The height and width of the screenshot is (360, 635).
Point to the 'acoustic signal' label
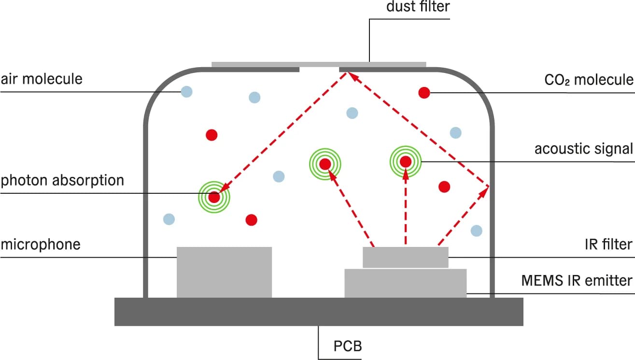pos(583,148)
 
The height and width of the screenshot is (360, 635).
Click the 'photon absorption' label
pos(62,180)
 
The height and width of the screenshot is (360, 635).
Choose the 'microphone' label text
pos(40,244)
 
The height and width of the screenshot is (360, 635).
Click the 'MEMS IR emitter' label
pos(577,280)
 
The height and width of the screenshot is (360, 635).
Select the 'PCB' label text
pos(348,346)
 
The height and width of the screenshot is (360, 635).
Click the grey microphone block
pos(224,272)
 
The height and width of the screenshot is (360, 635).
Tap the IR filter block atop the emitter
pos(405,257)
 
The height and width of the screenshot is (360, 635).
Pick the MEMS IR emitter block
pos(405,284)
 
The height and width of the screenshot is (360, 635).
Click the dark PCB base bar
pos(319,312)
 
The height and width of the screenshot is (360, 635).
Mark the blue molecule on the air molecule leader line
pos(186,91)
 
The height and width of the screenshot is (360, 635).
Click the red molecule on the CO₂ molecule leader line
pos(424,93)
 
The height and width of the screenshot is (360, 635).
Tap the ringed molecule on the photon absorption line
pos(214,197)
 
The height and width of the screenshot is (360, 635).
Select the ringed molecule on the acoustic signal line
pos(406,161)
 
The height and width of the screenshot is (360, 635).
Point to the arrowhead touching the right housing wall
pos(485,189)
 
